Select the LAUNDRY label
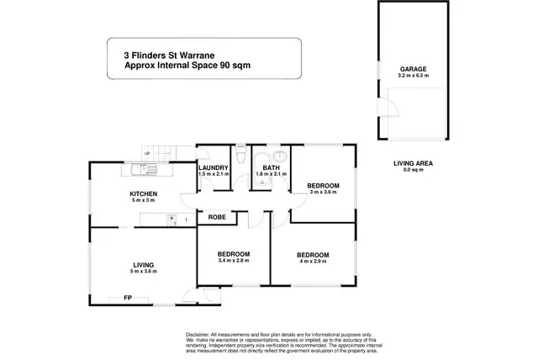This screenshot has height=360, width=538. click(214, 167)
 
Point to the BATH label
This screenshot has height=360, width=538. click(270, 167)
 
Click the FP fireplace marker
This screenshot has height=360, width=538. click(128, 298)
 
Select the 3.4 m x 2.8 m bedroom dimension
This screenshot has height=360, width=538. click(233, 261)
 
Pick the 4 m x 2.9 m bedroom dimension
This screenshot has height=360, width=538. click(311, 261)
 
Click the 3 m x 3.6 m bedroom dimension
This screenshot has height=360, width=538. click(322, 192)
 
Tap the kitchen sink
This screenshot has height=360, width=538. click(145, 170)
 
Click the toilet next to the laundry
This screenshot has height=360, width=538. click(240, 157)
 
